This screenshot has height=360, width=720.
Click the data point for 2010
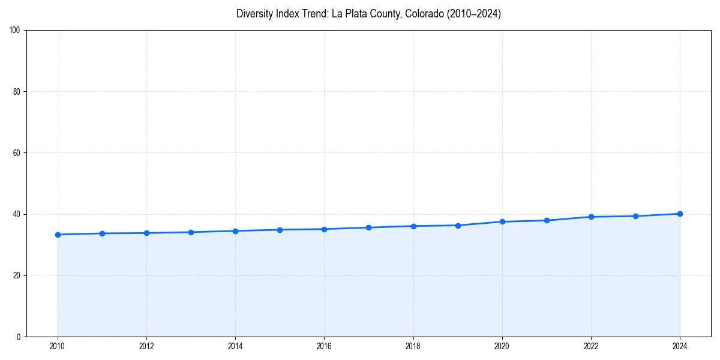point(58,235)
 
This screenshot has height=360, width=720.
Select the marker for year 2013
point(191,232)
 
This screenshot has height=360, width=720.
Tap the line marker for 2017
point(368,227)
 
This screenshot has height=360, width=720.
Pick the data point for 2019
point(458,226)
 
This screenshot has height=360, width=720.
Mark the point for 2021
point(547,220)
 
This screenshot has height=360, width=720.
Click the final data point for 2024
point(680,214)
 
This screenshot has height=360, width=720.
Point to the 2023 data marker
point(635,216)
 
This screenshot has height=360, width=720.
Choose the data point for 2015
point(280,230)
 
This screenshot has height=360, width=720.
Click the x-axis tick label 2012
point(146,346)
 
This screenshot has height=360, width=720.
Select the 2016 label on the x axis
point(324,346)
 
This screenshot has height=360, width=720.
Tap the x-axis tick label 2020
point(502,346)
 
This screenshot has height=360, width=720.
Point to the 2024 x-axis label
point(680,346)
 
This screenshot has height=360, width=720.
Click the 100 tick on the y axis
point(15,31)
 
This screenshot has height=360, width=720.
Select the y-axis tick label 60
point(17,153)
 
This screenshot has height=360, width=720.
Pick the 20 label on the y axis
point(17,275)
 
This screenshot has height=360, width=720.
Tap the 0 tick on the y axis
point(19,337)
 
